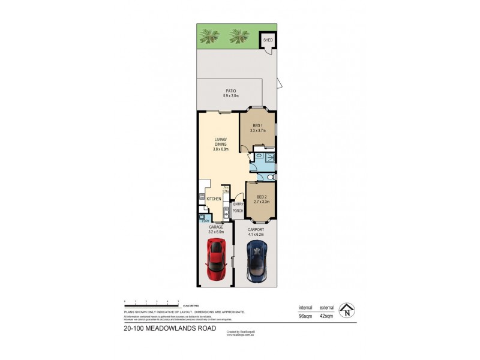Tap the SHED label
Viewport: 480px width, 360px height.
pyautogui.click(x=268, y=41)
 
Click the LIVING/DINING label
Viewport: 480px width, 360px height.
pyautogui.click(x=221, y=142)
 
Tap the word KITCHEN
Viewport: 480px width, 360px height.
pyautogui.click(x=214, y=199)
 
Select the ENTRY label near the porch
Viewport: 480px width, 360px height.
pyautogui.click(x=238, y=204)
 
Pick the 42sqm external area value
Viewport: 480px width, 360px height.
pyautogui.click(x=326, y=316)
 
